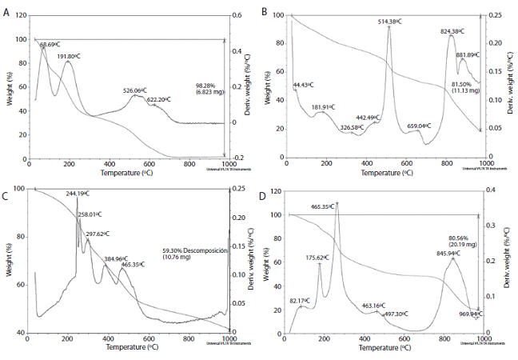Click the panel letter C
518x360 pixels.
6,195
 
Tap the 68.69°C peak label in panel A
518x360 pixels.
54,45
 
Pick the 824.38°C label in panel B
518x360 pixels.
454,31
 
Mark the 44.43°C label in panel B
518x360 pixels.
303,84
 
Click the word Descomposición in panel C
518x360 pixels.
205,250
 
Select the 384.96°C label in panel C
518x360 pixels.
116,259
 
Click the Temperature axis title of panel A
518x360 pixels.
128,171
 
